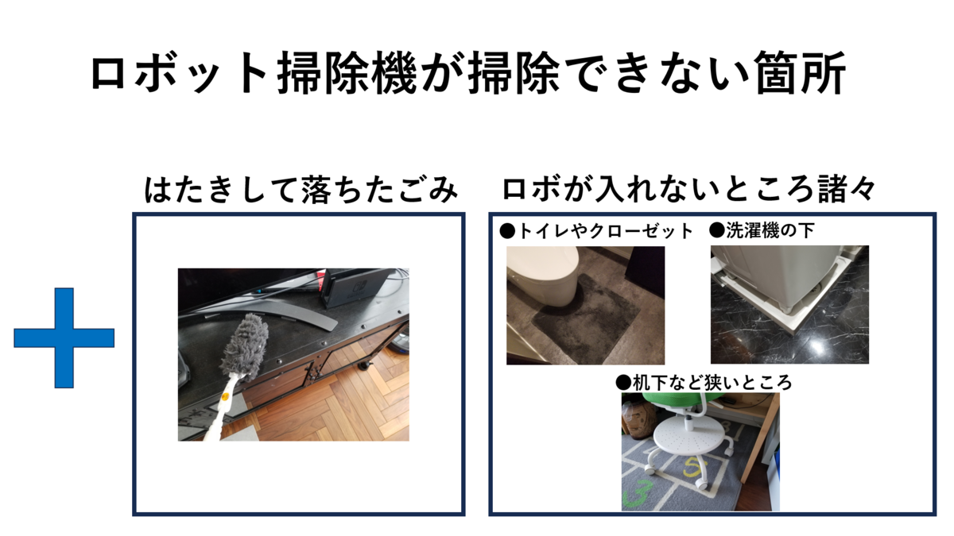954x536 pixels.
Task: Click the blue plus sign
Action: coord(64,337)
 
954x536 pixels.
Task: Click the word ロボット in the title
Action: coord(178,73)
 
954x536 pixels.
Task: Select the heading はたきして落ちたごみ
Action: coord(301,189)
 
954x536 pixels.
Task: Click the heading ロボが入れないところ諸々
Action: coord(688,188)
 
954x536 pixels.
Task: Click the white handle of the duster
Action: coord(220,409)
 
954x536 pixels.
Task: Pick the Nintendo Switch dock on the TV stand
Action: coord(355,287)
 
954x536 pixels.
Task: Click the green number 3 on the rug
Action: coord(638,492)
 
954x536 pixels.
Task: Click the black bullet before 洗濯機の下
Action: coord(717,231)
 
